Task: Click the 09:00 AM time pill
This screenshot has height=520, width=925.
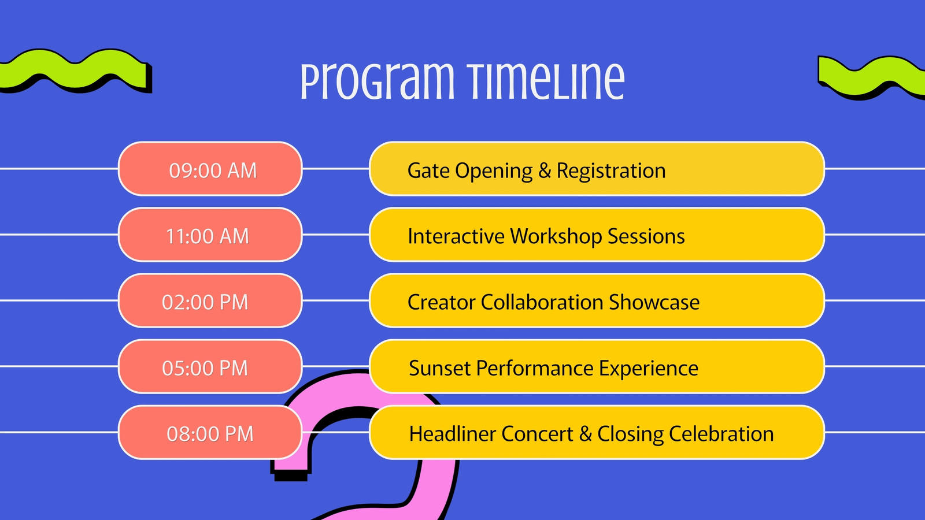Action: (x=210, y=169)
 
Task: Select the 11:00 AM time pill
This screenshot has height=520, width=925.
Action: (x=210, y=235)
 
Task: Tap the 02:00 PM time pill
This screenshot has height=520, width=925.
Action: (x=210, y=300)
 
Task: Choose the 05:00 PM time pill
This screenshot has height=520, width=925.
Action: (x=210, y=366)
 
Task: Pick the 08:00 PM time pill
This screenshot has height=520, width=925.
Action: (x=210, y=432)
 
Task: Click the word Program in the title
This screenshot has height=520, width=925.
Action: (x=377, y=81)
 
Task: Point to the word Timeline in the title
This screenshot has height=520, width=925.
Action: (x=546, y=81)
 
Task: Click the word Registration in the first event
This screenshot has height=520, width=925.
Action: (x=611, y=171)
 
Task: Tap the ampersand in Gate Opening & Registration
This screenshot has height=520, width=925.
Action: (x=545, y=170)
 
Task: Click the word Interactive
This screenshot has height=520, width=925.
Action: (x=456, y=236)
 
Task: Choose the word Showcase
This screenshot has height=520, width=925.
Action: (x=654, y=302)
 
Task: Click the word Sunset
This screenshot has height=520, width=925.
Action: (x=440, y=368)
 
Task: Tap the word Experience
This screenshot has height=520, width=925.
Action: (x=648, y=369)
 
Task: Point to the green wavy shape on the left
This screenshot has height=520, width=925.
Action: (x=75, y=70)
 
